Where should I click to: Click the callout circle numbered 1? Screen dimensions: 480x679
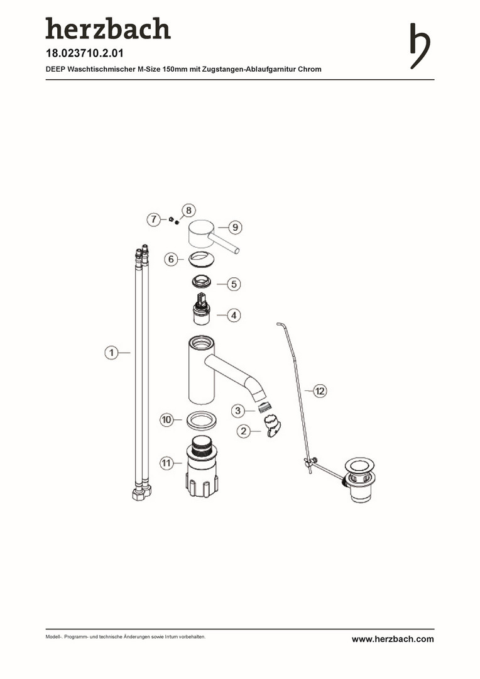[112, 353]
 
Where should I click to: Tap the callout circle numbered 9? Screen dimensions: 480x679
[235, 228]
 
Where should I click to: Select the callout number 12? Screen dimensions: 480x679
[320, 391]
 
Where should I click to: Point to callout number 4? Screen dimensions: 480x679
[234, 315]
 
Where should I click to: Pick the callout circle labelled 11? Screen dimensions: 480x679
[166, 463]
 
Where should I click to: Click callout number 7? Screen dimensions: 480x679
[154, 219]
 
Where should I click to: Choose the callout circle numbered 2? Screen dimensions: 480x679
[244, 431]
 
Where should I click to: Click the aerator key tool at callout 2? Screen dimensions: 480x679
[272, 426]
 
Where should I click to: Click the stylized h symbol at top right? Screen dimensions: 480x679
[420, 46]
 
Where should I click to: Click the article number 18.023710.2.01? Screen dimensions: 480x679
[84, 53]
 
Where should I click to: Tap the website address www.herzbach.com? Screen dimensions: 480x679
[393, 639]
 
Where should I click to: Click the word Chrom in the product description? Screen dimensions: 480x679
[310, 69]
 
